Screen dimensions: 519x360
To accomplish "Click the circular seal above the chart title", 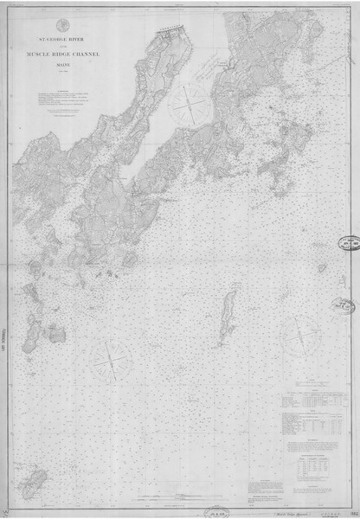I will [63, 22].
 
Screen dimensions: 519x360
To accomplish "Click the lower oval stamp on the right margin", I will [344, 305].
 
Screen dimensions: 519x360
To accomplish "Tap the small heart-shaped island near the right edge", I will [322, 268].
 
